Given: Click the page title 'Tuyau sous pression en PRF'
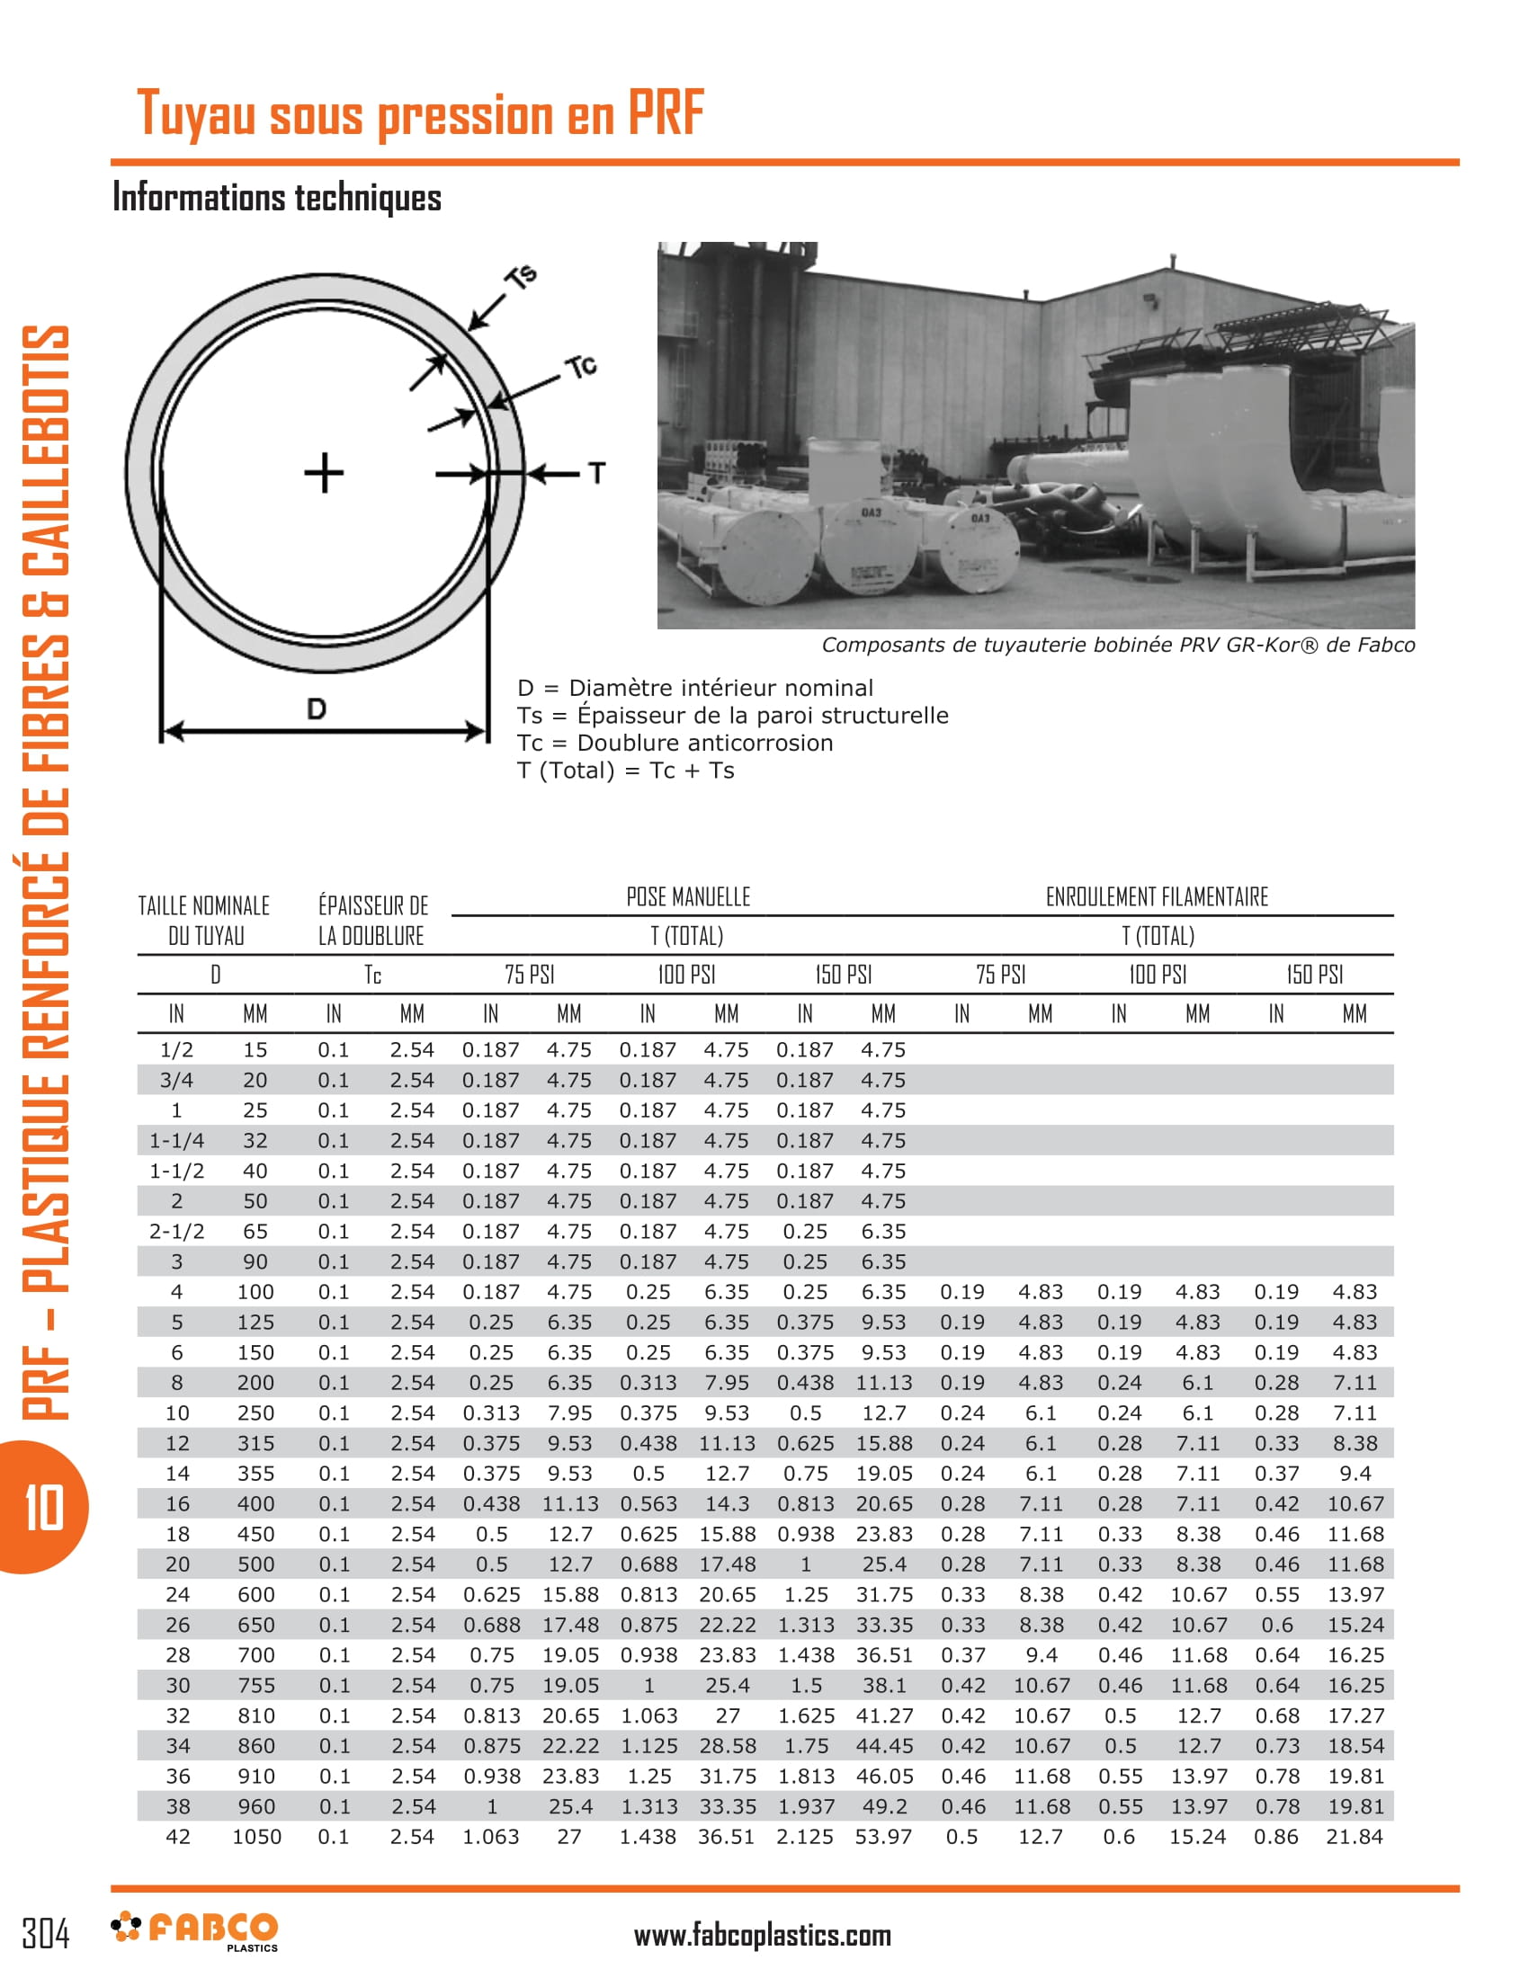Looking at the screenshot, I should [419, 115].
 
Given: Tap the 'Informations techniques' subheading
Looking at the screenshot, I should [276, 198].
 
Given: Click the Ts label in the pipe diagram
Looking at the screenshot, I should [523, 276].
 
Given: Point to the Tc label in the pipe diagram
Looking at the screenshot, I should [581, 366].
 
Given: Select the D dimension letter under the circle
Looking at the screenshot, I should [316, 708].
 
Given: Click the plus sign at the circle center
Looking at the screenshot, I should [324, 473].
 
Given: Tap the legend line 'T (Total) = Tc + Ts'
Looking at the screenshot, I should [625, 771].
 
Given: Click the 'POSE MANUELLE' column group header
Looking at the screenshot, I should [688, 896].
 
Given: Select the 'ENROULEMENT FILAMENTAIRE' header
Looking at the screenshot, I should [1157, 896].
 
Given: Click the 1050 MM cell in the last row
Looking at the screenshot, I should [256, 1837].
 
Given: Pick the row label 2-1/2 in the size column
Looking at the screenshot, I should [176, 1231].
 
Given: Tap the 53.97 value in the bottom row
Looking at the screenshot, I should [883, 1837].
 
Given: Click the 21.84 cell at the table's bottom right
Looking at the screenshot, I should [1355, 1837].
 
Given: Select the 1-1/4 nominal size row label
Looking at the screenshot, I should [176, 1140].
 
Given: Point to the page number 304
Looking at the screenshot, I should [46, 1934].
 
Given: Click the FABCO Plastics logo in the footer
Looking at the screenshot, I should [195, 1930].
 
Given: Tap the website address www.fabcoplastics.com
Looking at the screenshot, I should [763, 1936].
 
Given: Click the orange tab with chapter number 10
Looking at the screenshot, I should [43, 1508].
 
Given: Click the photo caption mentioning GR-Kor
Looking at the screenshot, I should [1118, 645].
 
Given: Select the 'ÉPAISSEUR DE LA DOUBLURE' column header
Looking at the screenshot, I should [372, 920].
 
